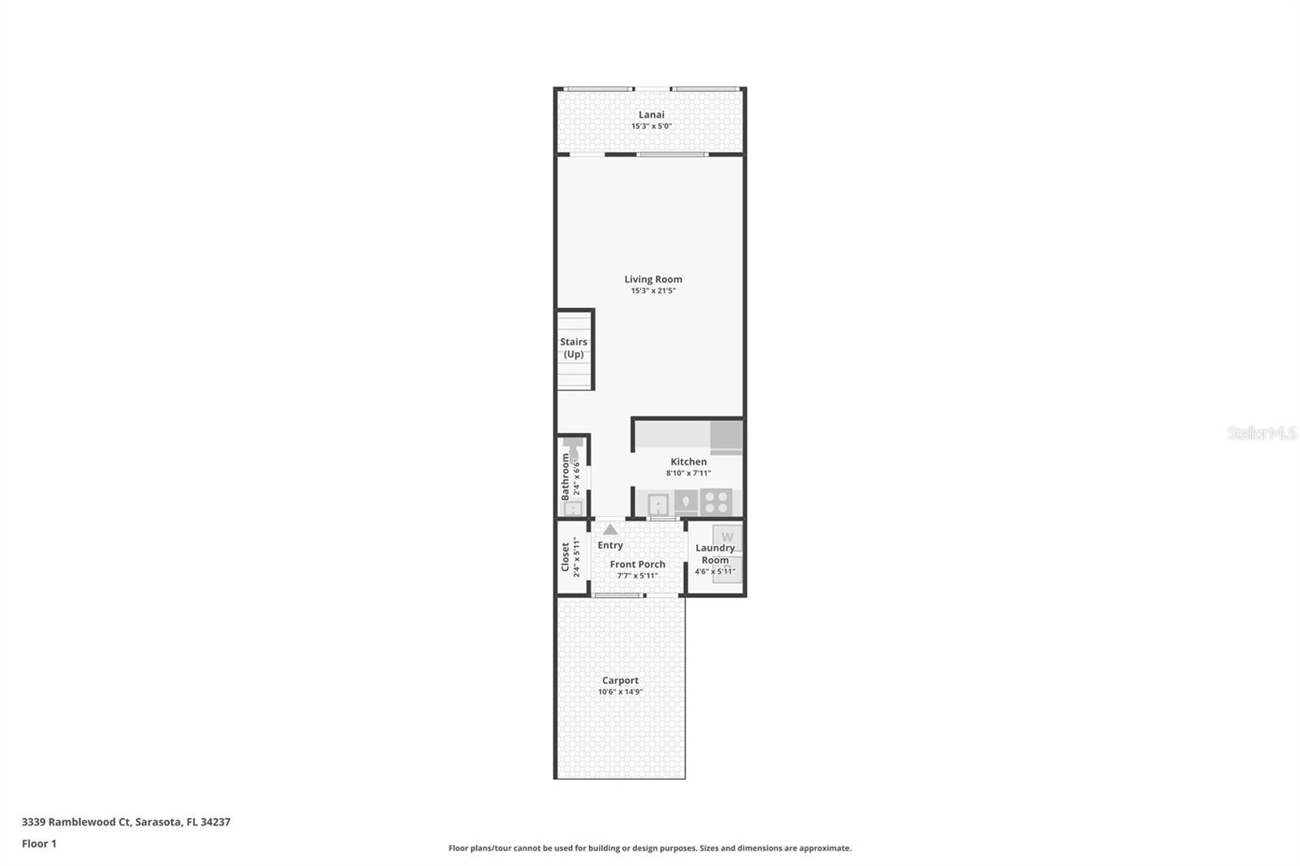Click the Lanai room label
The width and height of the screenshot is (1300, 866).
coord(651,115)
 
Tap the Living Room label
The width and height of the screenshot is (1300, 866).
coord(653,279)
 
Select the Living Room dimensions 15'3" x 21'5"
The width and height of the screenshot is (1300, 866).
coord(653,291)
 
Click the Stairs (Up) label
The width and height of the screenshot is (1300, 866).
coord(574,348)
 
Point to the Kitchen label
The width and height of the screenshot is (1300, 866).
coord(688,461)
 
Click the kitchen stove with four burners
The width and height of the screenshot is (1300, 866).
coord(716,502)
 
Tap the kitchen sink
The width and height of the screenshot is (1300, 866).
coord(657,504)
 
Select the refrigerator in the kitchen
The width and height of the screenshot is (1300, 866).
coord(726,437)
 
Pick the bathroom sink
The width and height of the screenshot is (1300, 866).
coord(573,509)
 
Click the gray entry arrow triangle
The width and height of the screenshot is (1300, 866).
coord(610,530)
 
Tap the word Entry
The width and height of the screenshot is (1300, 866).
coord(610,545)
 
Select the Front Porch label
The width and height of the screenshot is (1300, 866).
coord(637,564)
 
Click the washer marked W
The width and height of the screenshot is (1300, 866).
coord(727,537)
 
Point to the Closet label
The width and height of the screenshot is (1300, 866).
coord(565,556)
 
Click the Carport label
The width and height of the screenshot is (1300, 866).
coord(620,680)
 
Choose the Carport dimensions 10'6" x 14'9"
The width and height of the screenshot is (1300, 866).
coord(620,692)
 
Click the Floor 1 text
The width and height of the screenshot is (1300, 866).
coord(39,844)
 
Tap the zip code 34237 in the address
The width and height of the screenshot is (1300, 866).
coord(215,822)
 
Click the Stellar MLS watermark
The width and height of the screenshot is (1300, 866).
coord(1261,433)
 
